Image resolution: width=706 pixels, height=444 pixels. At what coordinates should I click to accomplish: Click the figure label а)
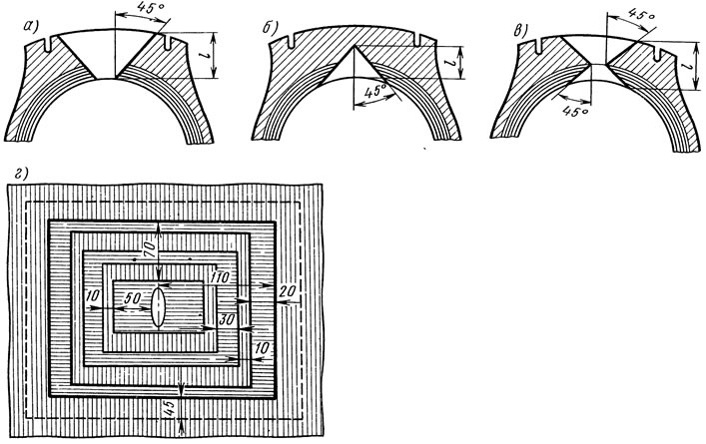click(30, 27)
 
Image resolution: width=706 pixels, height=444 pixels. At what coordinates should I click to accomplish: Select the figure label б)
click(270, 28)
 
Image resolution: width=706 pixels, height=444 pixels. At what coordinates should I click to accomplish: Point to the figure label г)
click(21, 173)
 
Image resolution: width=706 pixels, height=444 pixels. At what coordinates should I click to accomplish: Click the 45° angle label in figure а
click(147, 9)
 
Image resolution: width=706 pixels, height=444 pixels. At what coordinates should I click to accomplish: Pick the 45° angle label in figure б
click(374, 92)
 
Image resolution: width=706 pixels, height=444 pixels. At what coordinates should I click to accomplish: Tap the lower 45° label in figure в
click(575, 111)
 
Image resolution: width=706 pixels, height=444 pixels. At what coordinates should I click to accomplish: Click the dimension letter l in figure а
click(202, 55)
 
